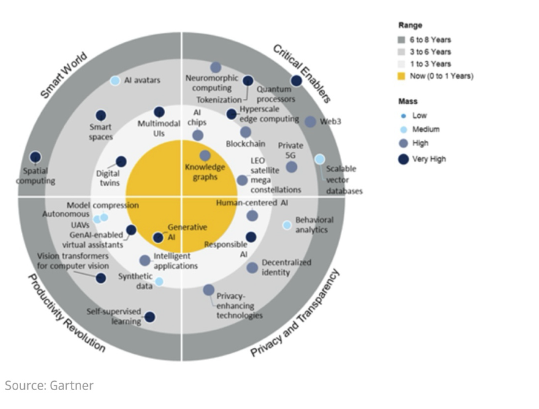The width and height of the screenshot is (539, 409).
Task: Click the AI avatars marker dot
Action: coord(115,81)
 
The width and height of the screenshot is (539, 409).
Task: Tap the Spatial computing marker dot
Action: coord(36,157)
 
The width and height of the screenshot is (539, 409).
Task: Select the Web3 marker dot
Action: coord(310,122)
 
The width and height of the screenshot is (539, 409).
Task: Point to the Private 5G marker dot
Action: coord(291,167)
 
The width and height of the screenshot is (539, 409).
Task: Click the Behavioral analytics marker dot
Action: coord(287,225)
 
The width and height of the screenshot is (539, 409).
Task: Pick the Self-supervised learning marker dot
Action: coord(150,317)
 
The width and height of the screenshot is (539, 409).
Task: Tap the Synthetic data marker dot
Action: coord(159,281)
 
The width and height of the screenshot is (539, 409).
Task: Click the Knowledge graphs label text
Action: coord(205,172)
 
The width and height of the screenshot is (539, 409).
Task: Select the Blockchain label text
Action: coord(245,144)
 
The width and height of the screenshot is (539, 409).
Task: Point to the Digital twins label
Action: coord(107,177)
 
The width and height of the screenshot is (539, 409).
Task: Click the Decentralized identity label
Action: coord(286,268)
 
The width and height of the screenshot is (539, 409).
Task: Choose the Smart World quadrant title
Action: coord(64,76)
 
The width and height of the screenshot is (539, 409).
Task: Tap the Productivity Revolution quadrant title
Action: coord(67,313)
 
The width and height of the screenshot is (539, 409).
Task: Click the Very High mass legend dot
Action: coord(403,159)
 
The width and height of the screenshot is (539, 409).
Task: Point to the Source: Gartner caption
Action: coord(49,385)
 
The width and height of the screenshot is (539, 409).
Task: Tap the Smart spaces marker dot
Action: coord(101,115)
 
